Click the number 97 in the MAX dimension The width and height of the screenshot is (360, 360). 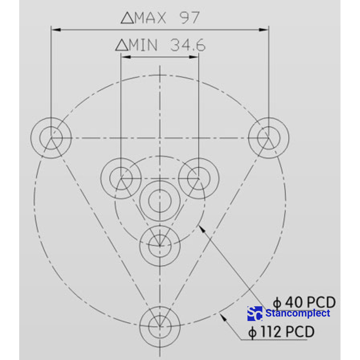tap(189, 18)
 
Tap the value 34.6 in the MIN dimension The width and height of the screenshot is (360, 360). tap(188, 45)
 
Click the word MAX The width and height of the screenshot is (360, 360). tap(150, 18)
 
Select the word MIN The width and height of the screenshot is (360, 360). tap(143, 45)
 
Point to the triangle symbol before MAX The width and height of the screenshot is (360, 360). tap(127, 18)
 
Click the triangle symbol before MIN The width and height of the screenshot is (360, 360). tap(122, 45)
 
